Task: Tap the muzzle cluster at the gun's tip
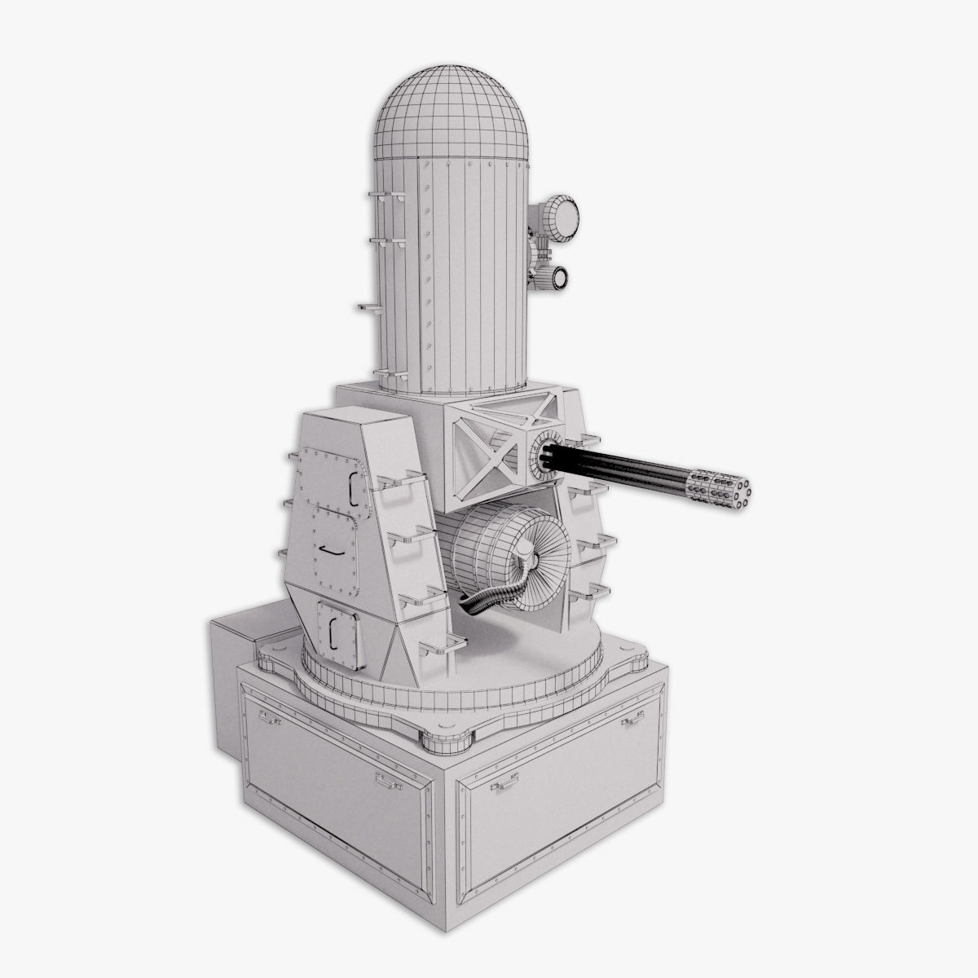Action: click(720, 491)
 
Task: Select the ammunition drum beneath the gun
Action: click(489, 554)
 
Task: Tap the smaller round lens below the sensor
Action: click(561, 277)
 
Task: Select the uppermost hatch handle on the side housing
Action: click(354, 484)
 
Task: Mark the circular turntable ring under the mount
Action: click(456, 693)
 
